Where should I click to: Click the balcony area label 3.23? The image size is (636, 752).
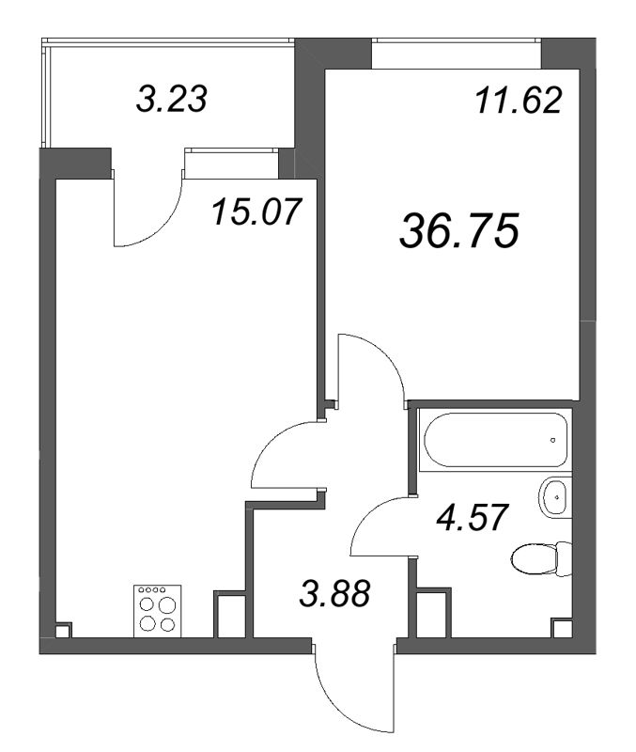point(172,99)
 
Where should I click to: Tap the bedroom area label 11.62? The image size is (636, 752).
point(518,102)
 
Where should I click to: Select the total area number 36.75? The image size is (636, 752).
point(459,231)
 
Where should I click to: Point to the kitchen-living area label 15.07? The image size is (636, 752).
point(257,211)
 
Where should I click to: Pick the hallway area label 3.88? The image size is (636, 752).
point(334,593)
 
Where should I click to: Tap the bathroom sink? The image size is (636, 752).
point(555,497)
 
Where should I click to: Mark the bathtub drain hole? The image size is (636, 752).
point(552,440)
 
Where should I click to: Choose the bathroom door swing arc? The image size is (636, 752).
point(368,515)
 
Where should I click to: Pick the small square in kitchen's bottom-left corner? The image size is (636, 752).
point(63,630)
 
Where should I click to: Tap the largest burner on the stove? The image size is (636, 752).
point(167,605)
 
